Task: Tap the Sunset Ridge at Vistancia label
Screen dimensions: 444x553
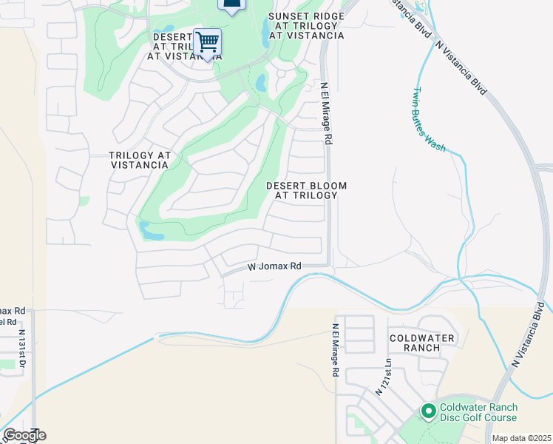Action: pyautogui.click(x=306, y=26)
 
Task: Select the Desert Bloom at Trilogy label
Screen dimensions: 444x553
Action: pyautogui.click(x=306, y=190)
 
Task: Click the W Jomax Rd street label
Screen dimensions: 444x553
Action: pyautogui.click(x=274, y=266)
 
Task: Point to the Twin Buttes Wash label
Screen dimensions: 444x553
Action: pyautogui.click(x=428, y=120)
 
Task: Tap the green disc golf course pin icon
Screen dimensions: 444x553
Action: pyautogui.click(x=428, y=411)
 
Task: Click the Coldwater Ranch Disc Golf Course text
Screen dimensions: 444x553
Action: pyautogui.click(x=478, y=413)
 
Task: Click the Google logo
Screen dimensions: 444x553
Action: pyautogui.click(x=24, y=435)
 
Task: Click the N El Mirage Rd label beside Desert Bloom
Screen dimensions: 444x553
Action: pyautogui.click(x=325, y=112)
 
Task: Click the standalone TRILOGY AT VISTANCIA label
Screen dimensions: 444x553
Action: pyautogui.click(x=140, y=160)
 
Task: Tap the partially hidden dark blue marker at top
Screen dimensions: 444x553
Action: pyautogui.click(x=231, y=6)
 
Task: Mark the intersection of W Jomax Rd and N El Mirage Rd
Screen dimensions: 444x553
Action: pyautogui.click(x=328, y=265)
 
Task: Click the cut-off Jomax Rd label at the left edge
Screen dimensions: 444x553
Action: pyautogui.click(x=13, y=311)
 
